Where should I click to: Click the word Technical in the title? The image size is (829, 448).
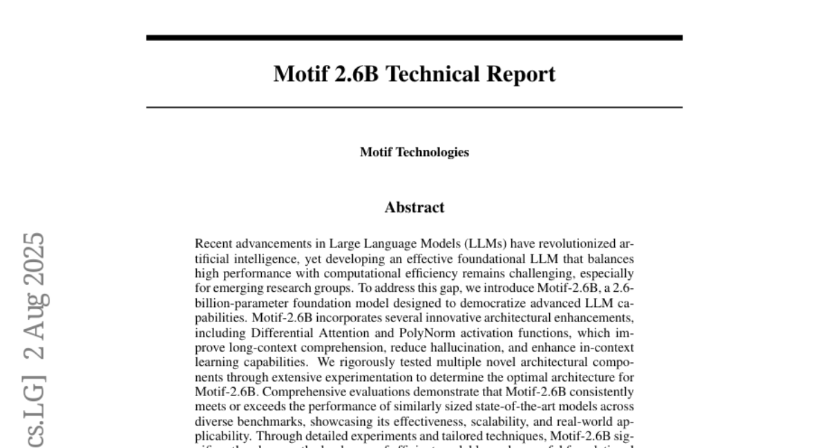[431, 74]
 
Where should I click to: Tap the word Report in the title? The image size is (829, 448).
[520, 74]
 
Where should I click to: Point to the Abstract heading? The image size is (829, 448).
[414, 207]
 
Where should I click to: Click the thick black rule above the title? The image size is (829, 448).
[414, 37]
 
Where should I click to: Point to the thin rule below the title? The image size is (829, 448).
[414, 108]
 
